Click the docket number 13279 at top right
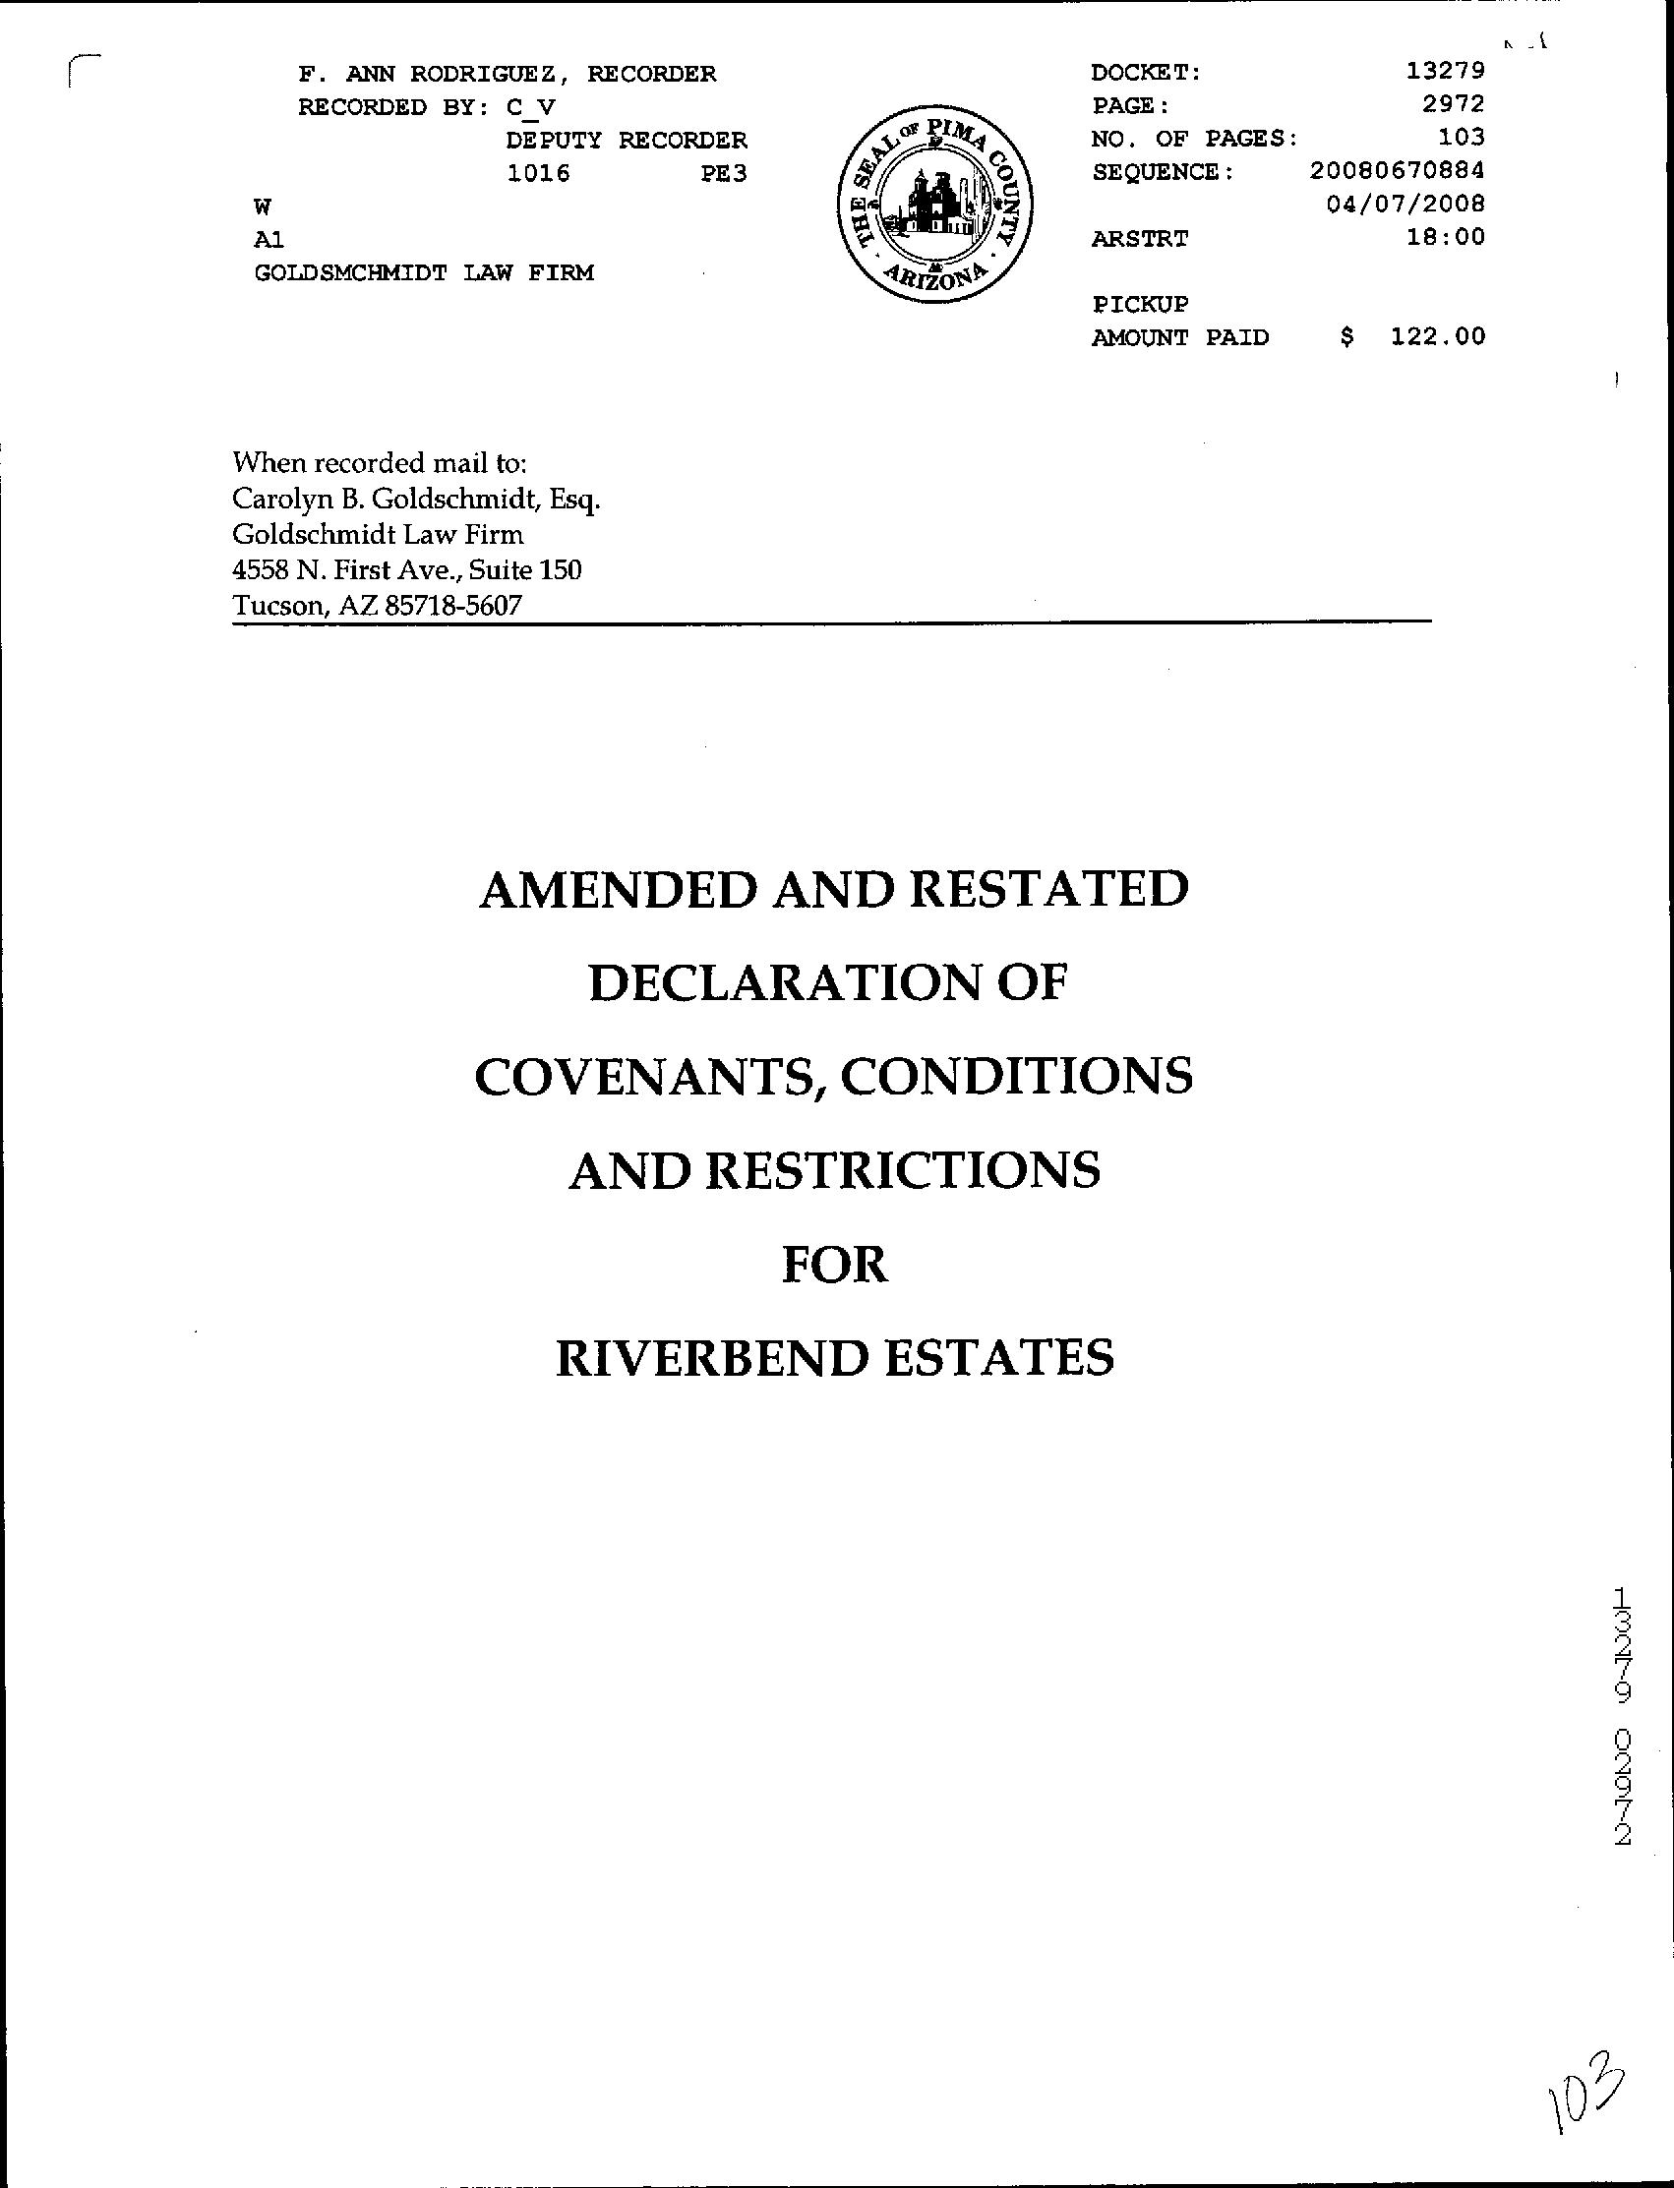[x=1445, y=71]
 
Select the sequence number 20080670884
[x=1397, y=170]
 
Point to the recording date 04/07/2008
[x=1405, y=204]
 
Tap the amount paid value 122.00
[x=1438, y=336]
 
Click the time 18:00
[x=1445, y=237]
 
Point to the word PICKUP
[x=1140, y=304]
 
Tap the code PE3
[x=724, y=173]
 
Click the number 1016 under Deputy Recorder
[x=538, y=173]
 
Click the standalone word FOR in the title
[x=835, y=1265]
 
